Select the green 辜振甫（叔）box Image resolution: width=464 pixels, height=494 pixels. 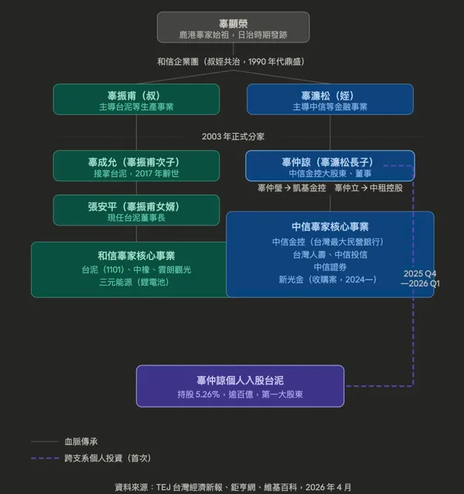click(136, 100)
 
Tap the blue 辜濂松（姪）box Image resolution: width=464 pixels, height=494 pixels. click(329, 100)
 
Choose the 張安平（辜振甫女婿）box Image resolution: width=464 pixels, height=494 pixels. click(136, 211)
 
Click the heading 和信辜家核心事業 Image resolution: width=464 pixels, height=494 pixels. click(136, 256)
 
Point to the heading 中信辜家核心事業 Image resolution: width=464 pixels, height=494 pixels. click(329, 227)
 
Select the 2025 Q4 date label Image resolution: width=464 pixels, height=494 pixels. click(420, 273)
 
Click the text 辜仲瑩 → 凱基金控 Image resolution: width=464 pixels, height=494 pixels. click(291, 188)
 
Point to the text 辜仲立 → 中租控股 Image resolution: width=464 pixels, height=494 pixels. click(368, 188)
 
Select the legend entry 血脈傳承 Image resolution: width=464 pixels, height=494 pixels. click(80, 441)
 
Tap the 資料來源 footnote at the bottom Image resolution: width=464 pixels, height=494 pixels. click(233, 486)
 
